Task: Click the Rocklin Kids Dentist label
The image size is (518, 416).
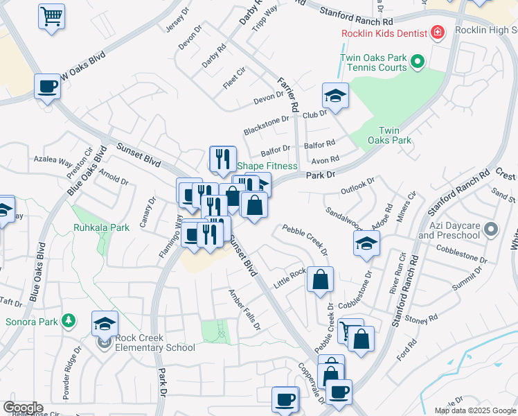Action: pyautogui.click(x=384, y=33)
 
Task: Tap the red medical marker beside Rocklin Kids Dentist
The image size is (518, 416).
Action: pyautogui.click(x=437, y=32)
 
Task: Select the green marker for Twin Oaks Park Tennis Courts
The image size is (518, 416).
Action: pyautogui.click(x=417, y=63)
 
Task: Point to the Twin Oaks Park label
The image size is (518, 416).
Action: pyautogui.click(x=395, y=135)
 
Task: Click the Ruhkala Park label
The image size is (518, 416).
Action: pyautogui.click(x=102, y=227)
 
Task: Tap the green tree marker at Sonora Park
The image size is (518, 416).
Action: pyautogui.click(x=68, y=320)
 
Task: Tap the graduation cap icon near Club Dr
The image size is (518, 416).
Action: pyautogui.click(x=335, y=96)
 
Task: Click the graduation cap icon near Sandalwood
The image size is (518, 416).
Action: pyautogui.click(x=366, y=243)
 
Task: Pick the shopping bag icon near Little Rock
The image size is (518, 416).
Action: pyautogui.click(x=321, y=280)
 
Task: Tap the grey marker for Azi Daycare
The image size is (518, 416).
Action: pyautogui.click(x=491, y=228)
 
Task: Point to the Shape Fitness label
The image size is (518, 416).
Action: pyautogui.click(x=267, y=166)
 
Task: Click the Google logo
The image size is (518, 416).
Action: pyautogui.click(x=23, y=408)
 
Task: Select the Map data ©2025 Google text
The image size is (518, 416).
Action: pyautogui.click(x=474, y=410)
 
